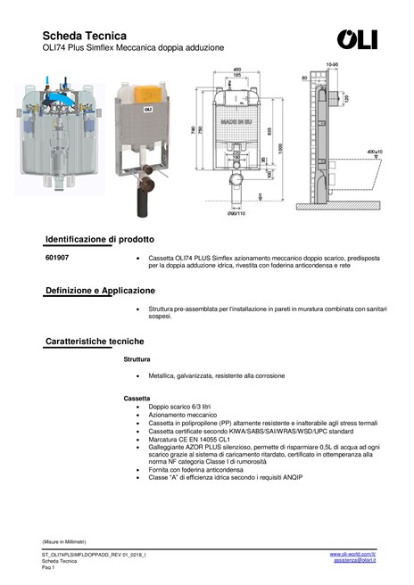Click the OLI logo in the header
pyautogui.click(x=357, y=39)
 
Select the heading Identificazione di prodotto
pyautogui.click(x=100, y=239)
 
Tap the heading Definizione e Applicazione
pyautogui.click(x=100, y=291)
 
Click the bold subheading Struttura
pyautogui.click(x=137, y=358)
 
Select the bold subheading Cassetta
pyautogui.click(x=137, y=397)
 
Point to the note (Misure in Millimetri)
pyautogui.click(x=63, y=541)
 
